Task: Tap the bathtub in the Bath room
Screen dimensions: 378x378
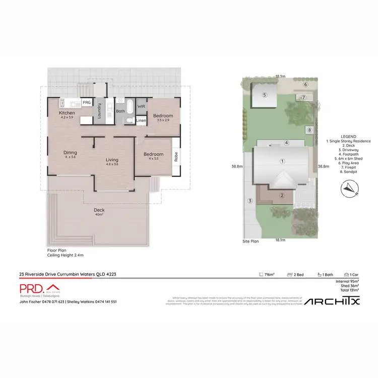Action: [130, 107]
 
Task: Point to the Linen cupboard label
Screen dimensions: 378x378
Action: [141, 120]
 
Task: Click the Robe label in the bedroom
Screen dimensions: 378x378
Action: [176, 157]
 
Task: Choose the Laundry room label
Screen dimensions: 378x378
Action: [100, 110]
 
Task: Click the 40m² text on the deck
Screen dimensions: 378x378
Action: [99, 214]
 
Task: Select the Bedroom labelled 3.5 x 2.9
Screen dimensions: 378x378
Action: [163, 118]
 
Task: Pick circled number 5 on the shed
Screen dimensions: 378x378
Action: [264, 95]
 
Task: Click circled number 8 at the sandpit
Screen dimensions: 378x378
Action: [309, 131]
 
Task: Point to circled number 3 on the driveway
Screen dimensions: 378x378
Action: [249, 201]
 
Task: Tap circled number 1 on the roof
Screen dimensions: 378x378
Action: [283, 161]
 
